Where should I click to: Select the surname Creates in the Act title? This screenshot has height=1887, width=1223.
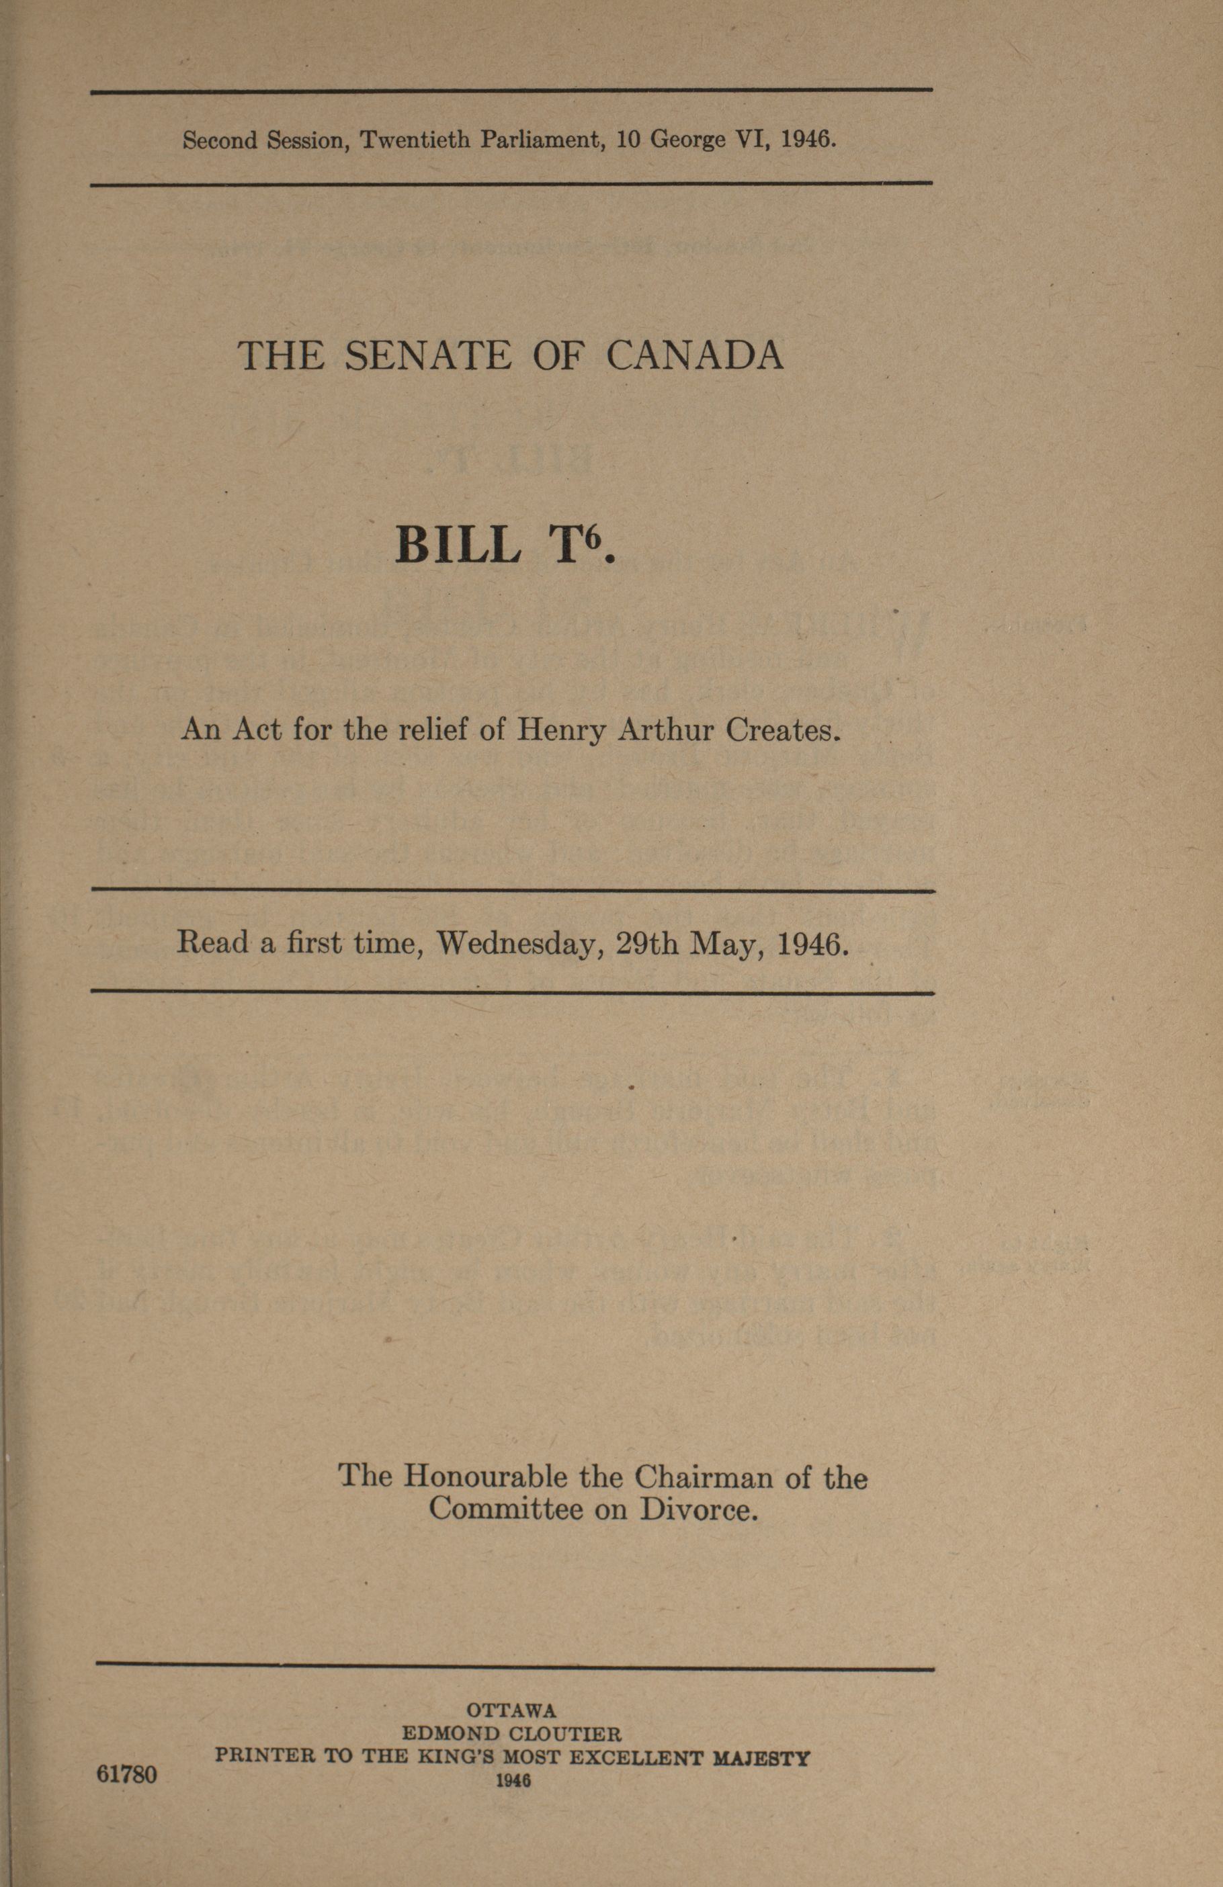(x=783, y=730)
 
